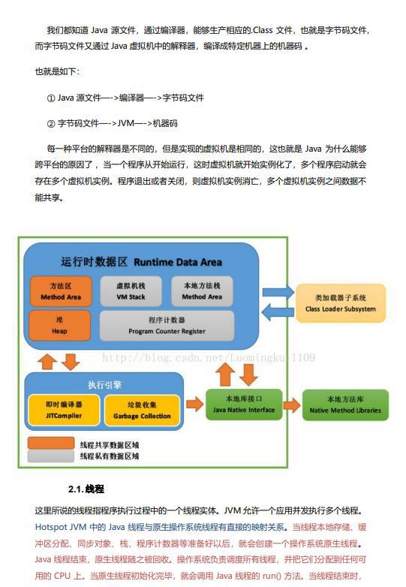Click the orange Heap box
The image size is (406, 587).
click(60, 325)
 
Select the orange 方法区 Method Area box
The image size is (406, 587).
click(61, 291)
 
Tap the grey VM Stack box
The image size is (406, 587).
click(131, 291)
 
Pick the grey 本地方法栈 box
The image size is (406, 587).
click(202, 291)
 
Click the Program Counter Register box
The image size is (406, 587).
click(167, 325)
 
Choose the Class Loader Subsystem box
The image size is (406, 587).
click(341, 303)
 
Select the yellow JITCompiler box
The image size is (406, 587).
click(64, 410)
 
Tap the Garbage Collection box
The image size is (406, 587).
click(142, 411)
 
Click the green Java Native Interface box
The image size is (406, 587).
click(244, 405)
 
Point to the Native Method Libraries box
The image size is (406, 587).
click(345, 405)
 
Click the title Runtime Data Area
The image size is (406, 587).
click(178, 262)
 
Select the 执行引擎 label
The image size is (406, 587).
click(104, 385)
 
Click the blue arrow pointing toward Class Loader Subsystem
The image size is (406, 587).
click(278, 293)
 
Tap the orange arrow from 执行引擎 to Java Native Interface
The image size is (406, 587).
click(195, 404)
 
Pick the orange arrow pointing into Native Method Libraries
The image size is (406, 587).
click(292, 405)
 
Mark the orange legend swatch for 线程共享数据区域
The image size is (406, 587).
click(51, 443)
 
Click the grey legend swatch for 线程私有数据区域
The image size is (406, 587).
click(51, 456)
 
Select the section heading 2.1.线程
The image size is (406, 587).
click(86, 489)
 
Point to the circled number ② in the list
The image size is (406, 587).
click(51, 124)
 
